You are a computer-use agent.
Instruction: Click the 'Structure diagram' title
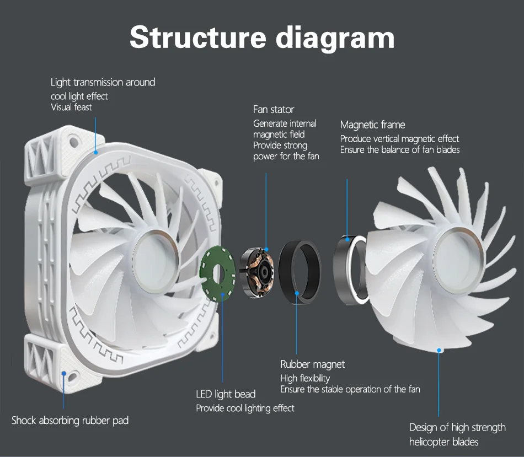point(262,37)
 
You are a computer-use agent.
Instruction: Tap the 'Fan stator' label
point(274,109)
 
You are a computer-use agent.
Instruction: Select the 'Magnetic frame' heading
point(372,125)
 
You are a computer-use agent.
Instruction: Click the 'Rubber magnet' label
point(312,364)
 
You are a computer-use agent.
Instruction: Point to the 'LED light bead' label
point(226,394)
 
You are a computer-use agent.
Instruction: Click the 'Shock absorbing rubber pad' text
point(70,420)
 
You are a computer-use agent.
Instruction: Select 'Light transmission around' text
point(103,82)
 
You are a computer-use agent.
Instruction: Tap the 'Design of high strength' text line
point(457,427)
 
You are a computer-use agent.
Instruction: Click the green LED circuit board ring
point(216,273)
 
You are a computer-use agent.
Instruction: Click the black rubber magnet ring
point(300,271)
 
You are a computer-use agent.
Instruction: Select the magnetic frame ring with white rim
point(350,270)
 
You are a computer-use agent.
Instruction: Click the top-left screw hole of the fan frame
point(72,138)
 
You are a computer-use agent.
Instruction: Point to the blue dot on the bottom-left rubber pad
point(64,374)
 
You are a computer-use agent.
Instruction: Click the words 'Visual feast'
point(71,107)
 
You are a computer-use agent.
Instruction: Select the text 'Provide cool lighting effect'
point(245,408)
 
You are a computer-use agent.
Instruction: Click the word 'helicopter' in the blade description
point(428,442)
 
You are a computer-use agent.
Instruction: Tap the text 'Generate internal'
point(285,123)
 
